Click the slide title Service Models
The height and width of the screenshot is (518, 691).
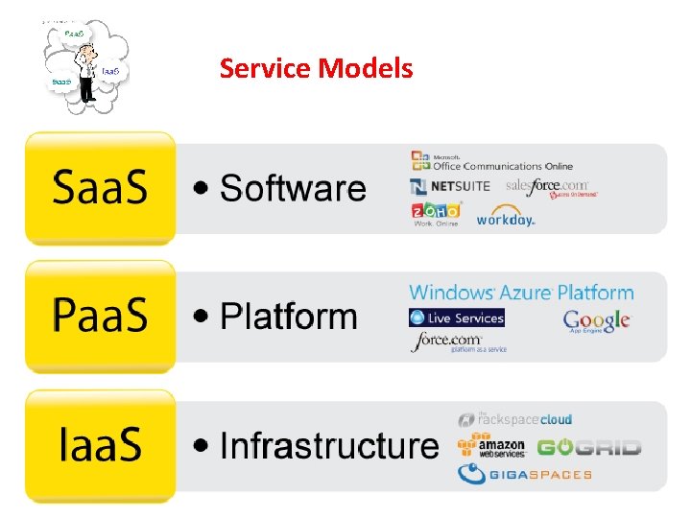(x=316, y=69)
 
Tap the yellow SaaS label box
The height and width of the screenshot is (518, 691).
(x=100, y=188)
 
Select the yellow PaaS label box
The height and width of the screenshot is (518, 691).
(x=100, y=316)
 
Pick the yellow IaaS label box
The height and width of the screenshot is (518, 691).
(x=100, y=444)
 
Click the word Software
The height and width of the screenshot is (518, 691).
(x=293, y=188)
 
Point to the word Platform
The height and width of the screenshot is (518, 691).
(x=288, y=317)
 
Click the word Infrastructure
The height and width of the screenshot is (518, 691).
(x=327, y=445)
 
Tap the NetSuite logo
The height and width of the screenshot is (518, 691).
(x=450, y=186)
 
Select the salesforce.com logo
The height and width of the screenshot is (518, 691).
(x=550, y=186)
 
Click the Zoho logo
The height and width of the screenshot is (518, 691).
(x=436, y=213)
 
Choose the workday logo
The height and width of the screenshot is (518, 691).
(x=506, y=216)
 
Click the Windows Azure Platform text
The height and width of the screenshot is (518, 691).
(x=521, y=293)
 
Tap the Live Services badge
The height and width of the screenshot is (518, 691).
(x=457, y=318)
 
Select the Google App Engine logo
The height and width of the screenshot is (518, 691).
(x=596, y=321)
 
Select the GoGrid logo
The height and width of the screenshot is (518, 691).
(x=588, y=447)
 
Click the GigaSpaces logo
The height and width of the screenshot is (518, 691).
(x=524, y=473)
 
